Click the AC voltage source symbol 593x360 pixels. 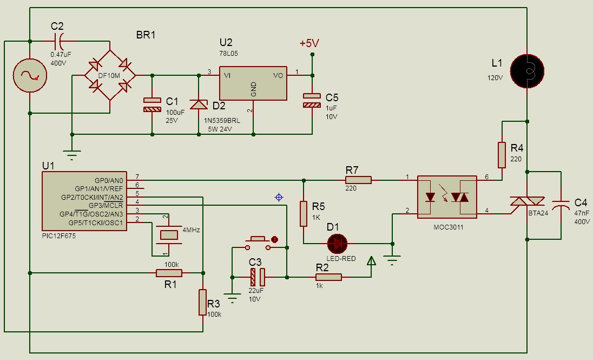(30, 75)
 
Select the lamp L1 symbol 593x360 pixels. (527, 71)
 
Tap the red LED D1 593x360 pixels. (337, 244)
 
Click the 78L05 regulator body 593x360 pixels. (253, 83)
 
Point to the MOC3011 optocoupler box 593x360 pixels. (447, 197)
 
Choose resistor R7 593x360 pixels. (358, 180)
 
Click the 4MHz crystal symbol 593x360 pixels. (169, 235)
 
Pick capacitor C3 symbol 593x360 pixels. (258, 277)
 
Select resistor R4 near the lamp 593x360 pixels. (502, 155)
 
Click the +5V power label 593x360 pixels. (309, 43)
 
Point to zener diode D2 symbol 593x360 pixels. (199, 104)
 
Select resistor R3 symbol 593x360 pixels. (203, 302)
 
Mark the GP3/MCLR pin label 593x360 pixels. (106, 206)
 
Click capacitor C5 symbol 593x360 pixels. (312, 100)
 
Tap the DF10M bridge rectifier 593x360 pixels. (110, 75)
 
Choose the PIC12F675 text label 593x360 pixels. (58, 236)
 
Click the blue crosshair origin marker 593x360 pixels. (279, 197)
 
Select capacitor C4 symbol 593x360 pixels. (561, 205)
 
